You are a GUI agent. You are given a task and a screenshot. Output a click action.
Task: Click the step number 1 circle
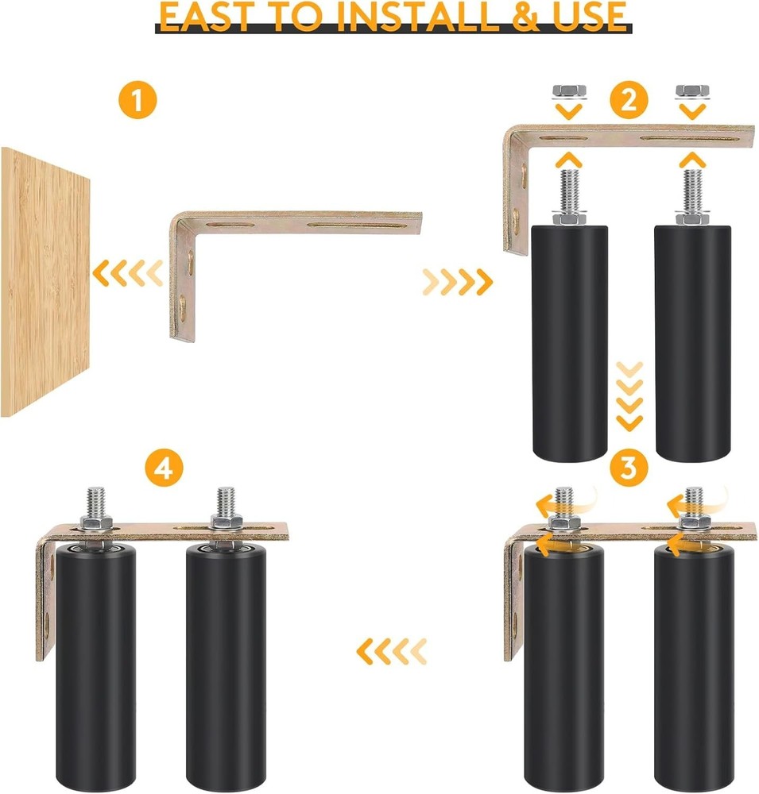137,101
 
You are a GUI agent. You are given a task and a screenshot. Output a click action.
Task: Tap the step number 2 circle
628,101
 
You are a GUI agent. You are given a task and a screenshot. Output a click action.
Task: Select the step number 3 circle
628,468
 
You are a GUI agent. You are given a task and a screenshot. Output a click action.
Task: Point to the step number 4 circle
162,468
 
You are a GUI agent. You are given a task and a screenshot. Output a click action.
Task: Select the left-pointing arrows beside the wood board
127,274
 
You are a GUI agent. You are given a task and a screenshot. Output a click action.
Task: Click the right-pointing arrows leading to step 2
458,279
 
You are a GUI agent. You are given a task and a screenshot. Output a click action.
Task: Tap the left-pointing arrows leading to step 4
391,651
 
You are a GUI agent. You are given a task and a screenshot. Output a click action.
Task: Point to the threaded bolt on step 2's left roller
567,191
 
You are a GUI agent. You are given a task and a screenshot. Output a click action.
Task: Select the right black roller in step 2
689,341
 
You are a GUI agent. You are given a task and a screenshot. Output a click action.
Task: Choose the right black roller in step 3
689,667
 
